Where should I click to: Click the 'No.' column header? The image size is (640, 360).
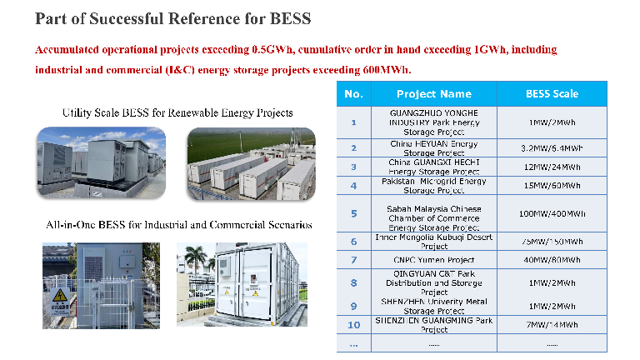(353, 93)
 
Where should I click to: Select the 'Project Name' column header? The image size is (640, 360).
(433, 93)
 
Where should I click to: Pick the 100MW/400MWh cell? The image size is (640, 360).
(551, 213)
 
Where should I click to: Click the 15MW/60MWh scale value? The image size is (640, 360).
(551, 185)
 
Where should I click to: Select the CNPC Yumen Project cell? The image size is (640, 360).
(433, 260)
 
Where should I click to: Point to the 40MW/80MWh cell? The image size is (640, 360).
(551, 260)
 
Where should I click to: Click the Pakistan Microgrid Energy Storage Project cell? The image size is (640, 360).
(433, 185)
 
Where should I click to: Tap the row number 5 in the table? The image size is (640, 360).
(353, 213)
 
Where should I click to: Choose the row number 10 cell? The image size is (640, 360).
(353, 325)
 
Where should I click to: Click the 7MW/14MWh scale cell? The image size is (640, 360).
(551, 325)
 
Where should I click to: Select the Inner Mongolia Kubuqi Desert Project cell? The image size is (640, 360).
(433, 242)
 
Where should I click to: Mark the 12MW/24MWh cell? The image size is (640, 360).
(551, 167)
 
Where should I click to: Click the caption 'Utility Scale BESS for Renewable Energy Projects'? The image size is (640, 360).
(177, 112)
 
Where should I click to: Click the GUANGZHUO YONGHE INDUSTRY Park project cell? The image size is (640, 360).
(433, 122)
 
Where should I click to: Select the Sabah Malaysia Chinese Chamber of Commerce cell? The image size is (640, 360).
(433, 213)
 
